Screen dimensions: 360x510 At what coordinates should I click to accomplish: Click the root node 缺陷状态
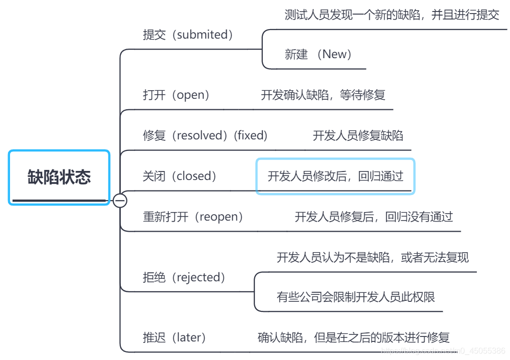[x=59, y=177]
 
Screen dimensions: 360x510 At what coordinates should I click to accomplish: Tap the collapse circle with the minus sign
[x=120, y=201]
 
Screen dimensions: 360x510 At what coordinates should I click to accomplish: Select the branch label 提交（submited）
[x=189, y=35]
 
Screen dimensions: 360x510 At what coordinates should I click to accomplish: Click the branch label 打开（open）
[x=176, y=95]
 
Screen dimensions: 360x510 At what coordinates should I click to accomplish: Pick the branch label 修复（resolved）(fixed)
[x=205, y=135]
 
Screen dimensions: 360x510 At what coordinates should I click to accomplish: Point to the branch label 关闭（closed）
[x=180, y=176]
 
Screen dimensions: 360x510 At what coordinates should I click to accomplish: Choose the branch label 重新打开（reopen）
[x=193, y=217]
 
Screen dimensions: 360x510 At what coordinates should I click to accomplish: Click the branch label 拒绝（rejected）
[x=185, y=277]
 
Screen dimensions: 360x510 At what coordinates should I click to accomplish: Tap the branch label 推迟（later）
[x=175, y=337]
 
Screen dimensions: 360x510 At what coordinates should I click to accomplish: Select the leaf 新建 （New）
[x=318, y=54]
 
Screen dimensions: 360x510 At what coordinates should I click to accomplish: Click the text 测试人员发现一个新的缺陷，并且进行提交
[x=392, y=15]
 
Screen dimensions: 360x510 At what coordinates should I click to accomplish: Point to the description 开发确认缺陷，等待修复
[x=323, y=95]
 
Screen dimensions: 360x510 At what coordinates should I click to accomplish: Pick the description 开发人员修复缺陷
[x=358, y=135]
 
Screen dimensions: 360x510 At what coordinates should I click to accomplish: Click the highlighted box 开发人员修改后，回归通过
[x=335, y=176]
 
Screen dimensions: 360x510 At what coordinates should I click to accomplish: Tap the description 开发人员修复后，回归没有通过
[x=374, y=217]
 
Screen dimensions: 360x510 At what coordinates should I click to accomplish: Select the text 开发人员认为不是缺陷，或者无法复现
[x=373, y=258]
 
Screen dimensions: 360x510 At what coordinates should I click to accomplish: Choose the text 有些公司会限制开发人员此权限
[x=356, y=297]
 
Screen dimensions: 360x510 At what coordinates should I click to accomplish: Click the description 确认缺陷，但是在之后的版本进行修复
[x=354, y=337]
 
